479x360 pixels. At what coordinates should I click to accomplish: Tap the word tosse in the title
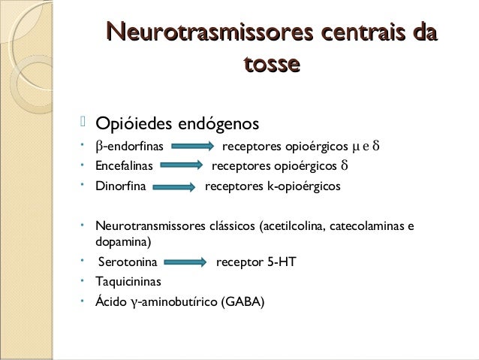tap(271, 65)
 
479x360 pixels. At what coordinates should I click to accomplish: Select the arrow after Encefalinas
tap(180, 166)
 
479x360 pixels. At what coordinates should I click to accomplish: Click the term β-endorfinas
tap(124, 145)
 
